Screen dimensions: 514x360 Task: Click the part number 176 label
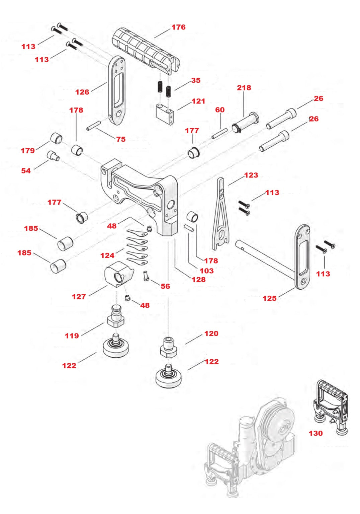tap(178, 27)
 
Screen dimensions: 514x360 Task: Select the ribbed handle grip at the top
tap(144, 50)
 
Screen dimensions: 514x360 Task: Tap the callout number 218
tap(244, 88)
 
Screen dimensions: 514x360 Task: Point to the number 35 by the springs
tap(196, 80)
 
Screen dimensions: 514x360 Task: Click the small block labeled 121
tap(164, 115)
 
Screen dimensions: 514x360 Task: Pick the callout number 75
tap(121, 139)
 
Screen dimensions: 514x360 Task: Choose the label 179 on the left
tap(28, 151)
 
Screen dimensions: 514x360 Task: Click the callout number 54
tap(26, 171)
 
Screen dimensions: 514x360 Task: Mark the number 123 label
tap(251, 175)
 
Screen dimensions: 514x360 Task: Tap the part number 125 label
tap(269, 298)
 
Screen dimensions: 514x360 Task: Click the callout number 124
tap(107, 255)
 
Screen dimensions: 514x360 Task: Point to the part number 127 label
tap(79, 297)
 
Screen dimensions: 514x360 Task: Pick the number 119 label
tap(72, 336)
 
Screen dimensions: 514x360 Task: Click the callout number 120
tap(211, 334)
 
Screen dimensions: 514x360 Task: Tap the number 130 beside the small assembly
tap(316, 433)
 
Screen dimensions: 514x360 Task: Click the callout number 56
tap(165, 286)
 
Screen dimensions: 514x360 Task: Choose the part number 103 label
tap(206, 271)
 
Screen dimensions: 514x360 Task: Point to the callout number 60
tap(220, 110)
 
